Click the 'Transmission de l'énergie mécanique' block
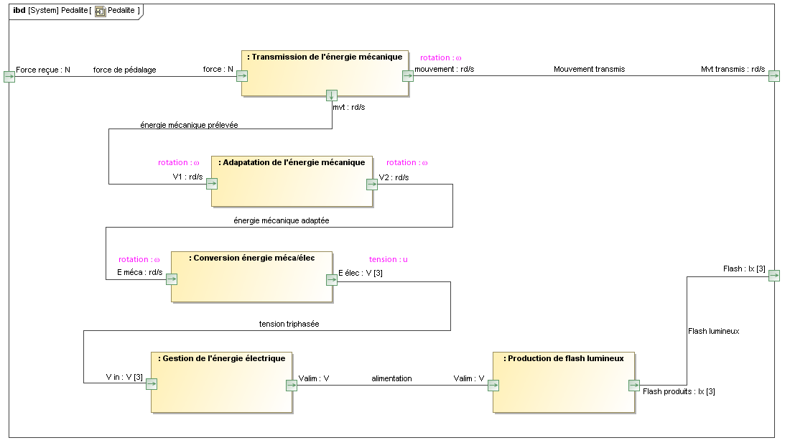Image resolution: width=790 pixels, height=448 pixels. point(325,73)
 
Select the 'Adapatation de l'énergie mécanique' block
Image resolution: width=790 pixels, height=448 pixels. point(292,182)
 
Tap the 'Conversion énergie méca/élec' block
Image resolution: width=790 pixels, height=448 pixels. point(251,276)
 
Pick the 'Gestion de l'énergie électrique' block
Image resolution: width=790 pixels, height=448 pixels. point(222,383)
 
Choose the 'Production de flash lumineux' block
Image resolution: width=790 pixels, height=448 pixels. point(564,383)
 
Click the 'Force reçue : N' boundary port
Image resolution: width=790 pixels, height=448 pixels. point(9,77)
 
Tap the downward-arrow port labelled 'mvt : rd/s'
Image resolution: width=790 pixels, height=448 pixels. point(332,95)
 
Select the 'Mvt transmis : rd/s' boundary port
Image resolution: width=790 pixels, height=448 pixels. point(774,76)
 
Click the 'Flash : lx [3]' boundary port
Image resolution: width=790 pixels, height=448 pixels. point(774,276)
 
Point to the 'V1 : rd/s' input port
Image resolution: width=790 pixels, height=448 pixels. point(212,183)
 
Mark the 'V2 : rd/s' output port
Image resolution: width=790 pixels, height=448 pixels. point(372,184)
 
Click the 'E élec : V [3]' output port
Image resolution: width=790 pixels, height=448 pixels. point(332,280)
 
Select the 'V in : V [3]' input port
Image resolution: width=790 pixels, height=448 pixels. point(152,384)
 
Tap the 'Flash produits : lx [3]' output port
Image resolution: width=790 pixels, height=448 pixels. point(634,386)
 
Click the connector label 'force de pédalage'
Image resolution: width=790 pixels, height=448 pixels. point(124,70)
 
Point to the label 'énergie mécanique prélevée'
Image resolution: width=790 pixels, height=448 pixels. point(189,125)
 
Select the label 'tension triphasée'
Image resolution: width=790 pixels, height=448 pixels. point(289,324)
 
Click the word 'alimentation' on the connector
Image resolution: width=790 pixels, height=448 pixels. point(391,378)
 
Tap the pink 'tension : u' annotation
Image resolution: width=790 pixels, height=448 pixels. point(389,259)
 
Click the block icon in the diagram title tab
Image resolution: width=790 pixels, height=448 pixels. point(101,11)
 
